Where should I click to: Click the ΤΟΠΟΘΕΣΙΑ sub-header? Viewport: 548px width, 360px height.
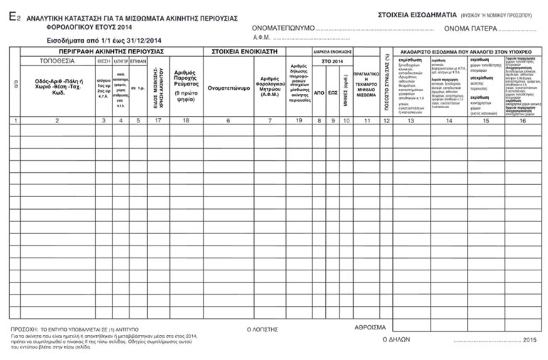[x=58, y=62]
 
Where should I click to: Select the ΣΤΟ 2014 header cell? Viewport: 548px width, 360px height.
[x=332, y=62]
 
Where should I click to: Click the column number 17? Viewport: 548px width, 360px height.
[x=155, y=121]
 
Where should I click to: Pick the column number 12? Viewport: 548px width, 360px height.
[x=386, y=121]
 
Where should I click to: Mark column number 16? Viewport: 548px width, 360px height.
[x=522, y=121]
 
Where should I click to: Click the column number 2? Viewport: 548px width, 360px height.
[x=57, y=121]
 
